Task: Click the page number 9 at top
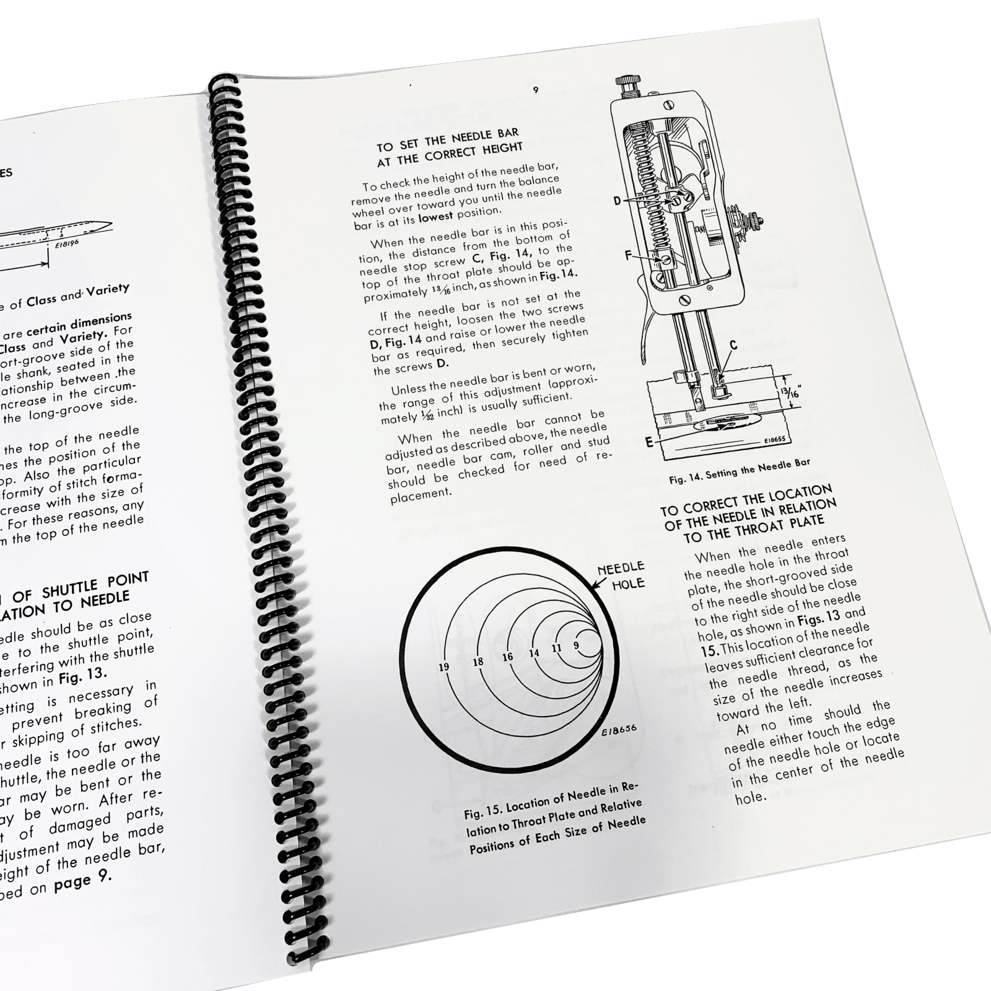click(536, 90)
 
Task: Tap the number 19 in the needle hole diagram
click(444, 667)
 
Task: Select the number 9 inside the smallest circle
click(576, 645)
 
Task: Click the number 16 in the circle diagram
click(508, 657)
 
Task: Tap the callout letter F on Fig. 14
click(627, 255)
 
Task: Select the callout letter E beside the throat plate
click(648, 442)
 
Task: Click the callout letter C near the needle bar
click(733, 346)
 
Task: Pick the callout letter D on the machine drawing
click(618, 201)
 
